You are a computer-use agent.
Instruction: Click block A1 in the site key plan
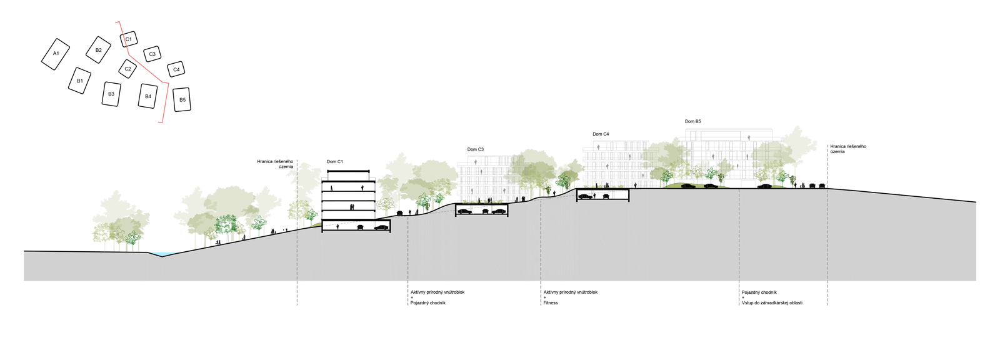tap(56, 54)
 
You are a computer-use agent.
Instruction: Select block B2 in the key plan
tap(98, 50)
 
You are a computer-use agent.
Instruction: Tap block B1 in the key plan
tap(79, 81)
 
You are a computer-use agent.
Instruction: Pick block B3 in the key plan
tap(111, 94)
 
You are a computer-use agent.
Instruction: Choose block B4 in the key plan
tap(148, 96)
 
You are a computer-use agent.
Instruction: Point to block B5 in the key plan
tap(182, 100)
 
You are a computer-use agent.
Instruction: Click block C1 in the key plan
tap(129, 39)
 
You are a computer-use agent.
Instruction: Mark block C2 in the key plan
tap(128, 69)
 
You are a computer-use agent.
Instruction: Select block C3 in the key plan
tap(152, 54)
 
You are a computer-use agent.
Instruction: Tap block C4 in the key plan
tap(176, 69)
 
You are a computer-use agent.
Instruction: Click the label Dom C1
tap(334, 162)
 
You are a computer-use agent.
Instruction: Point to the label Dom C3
tap(475, 149)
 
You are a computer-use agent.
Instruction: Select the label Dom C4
tap(601, 134)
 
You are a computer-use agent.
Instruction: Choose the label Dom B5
tap(692, 122)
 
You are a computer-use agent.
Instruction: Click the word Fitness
tap(550, 303)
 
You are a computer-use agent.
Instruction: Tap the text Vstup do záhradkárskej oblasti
tap(772, 303)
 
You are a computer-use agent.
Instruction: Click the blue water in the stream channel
tap(161, 254)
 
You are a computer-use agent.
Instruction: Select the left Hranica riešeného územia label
tap(275, 164)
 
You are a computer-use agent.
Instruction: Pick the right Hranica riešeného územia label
tap(848, 149)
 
